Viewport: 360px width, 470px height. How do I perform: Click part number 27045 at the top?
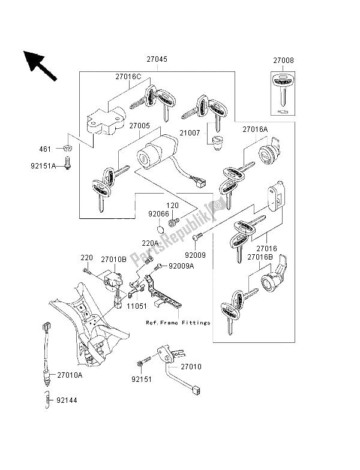pos(156,60)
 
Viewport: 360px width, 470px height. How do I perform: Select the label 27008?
pos(284,61)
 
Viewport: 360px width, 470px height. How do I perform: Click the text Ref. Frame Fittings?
pos(179,323)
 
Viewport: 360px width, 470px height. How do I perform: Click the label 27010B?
pos(112,260)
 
